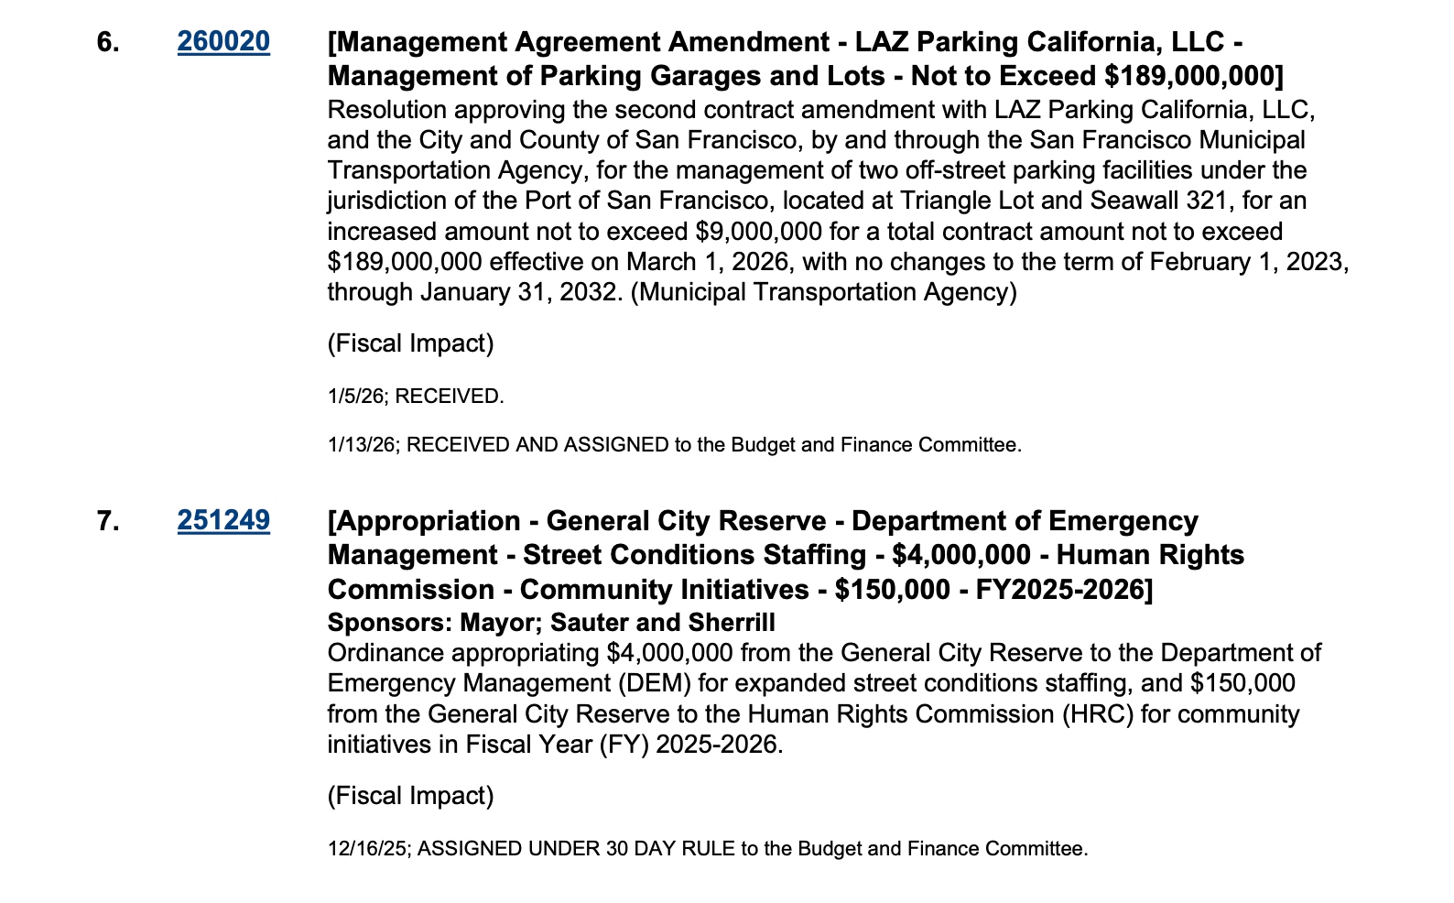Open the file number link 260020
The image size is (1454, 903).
click(x=223, y=42)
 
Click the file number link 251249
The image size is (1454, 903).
click(x=223, y=521)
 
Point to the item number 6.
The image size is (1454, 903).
click(x=107, y=42)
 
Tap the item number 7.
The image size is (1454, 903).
click(x=107, y=521)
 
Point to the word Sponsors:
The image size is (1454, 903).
click(x=389, y=624)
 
